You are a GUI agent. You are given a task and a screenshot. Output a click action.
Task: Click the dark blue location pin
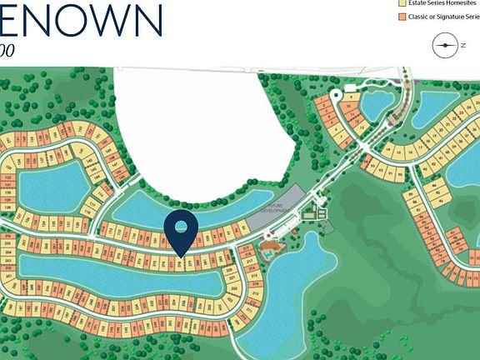pyautogui.click(x=180, y=231)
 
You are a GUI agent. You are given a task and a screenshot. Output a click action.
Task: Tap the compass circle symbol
pyautogui.click(x=445, y=45)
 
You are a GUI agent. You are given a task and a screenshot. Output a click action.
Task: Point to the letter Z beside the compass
pyautogui.click(x=462, y=46)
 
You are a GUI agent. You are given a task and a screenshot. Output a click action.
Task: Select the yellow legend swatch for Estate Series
pyautogui.click(x=401, y=2)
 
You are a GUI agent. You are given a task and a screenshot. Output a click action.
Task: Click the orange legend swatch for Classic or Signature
pyautogui.click(x=401, y=17)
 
